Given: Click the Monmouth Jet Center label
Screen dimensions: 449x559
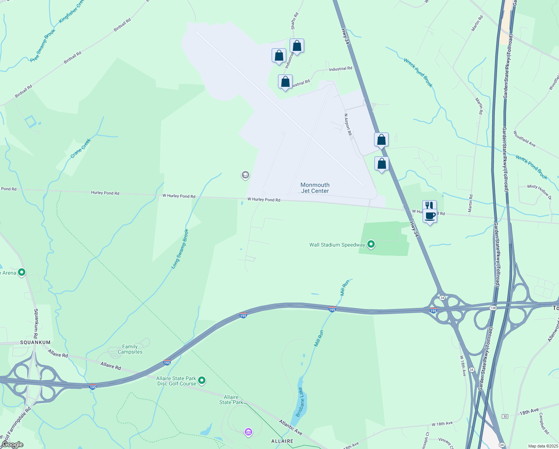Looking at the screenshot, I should point(315,188).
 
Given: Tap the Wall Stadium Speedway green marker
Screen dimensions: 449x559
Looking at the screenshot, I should point(371,245).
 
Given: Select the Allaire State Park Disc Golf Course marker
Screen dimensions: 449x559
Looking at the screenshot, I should point(202,381).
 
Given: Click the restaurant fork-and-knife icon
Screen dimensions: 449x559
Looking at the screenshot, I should point(429,205).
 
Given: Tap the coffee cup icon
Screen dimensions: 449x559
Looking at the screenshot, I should point(430,216).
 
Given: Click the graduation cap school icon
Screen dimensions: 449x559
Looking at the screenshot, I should point(245,175).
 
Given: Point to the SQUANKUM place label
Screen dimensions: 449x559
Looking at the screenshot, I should point(35,342).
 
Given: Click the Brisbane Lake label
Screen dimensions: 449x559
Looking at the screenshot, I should point(300,402).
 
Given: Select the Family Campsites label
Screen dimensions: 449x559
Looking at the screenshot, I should point(130,349).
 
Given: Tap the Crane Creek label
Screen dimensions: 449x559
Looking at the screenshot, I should point(81,148).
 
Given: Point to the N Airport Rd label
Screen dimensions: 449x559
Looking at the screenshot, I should point(348,125).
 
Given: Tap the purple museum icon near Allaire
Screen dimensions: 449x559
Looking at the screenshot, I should point(248,433).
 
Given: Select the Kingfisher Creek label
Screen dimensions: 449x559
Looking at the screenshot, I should point(71,11).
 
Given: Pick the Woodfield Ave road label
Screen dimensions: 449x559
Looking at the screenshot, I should point(524,139).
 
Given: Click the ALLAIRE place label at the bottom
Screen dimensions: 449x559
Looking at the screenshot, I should point(282,441).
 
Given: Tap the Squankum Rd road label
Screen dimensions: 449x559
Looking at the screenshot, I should point(36,324).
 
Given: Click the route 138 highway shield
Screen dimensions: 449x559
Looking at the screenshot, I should point(493,308).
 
